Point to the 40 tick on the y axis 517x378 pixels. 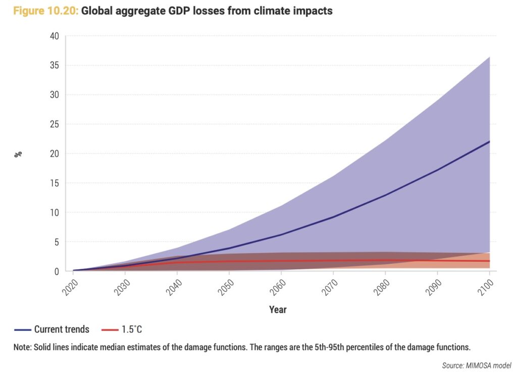pos(54,36)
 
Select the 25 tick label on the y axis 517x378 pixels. pos(54,124)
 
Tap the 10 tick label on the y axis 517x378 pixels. pos(54,212)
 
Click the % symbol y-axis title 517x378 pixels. pos(18,154)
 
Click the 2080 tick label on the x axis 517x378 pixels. pos(380,289)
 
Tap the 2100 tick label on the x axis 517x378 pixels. pos(484,289)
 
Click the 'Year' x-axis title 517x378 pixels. pos(278,309)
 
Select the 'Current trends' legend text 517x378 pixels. pos(62,329)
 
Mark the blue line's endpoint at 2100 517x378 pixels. pos(490,141)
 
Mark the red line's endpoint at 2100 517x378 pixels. pos(490,261)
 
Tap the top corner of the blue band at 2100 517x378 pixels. pos(490,57)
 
